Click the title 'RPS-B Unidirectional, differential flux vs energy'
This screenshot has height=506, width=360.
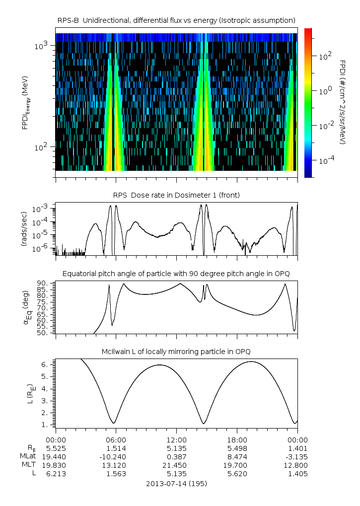tap(176, 20)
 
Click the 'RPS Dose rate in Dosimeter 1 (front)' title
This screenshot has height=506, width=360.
tap(176, 195)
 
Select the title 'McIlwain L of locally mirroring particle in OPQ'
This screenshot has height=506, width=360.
tap(176, 352)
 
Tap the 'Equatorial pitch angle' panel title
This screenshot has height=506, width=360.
tap(176, 274)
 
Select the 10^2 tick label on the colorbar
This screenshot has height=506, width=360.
tap(325, 56)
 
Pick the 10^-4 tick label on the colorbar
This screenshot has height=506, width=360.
tap(326, 160)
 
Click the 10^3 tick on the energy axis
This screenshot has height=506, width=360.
tap(41, 46)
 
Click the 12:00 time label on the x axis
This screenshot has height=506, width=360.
tap(176, 440)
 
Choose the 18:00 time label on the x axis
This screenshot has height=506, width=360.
tap(237, 440)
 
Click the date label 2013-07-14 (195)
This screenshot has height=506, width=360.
tap(176, 484)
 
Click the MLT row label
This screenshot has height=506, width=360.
tap(29, 465)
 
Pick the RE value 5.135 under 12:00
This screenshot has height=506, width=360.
tap(176, 448)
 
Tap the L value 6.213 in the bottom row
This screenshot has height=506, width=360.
tap(56, 474)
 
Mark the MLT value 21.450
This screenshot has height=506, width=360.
tap(176, 465)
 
